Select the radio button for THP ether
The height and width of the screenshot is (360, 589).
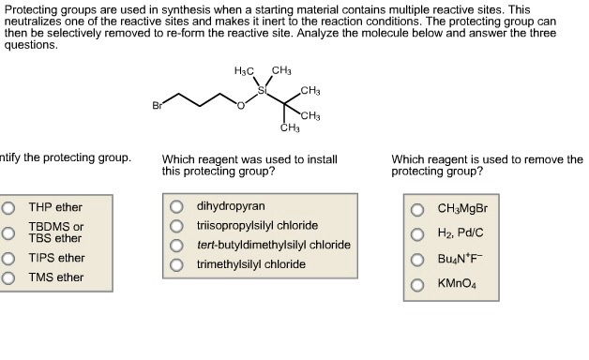coord(8,207)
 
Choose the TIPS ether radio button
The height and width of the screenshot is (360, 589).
coord(8,258)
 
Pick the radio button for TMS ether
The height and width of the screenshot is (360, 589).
coord(8,277)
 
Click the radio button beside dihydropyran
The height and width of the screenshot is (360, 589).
coord(176,206)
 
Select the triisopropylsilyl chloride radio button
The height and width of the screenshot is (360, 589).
coord(176,226)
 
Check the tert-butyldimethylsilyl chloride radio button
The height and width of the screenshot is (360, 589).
coord(176,245)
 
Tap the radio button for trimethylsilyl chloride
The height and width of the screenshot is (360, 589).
coord(176,264)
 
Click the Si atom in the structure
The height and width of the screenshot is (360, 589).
coord(263,91)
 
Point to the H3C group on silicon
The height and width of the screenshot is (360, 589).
coord(244,72)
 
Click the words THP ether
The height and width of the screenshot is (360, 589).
coord(55,207)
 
